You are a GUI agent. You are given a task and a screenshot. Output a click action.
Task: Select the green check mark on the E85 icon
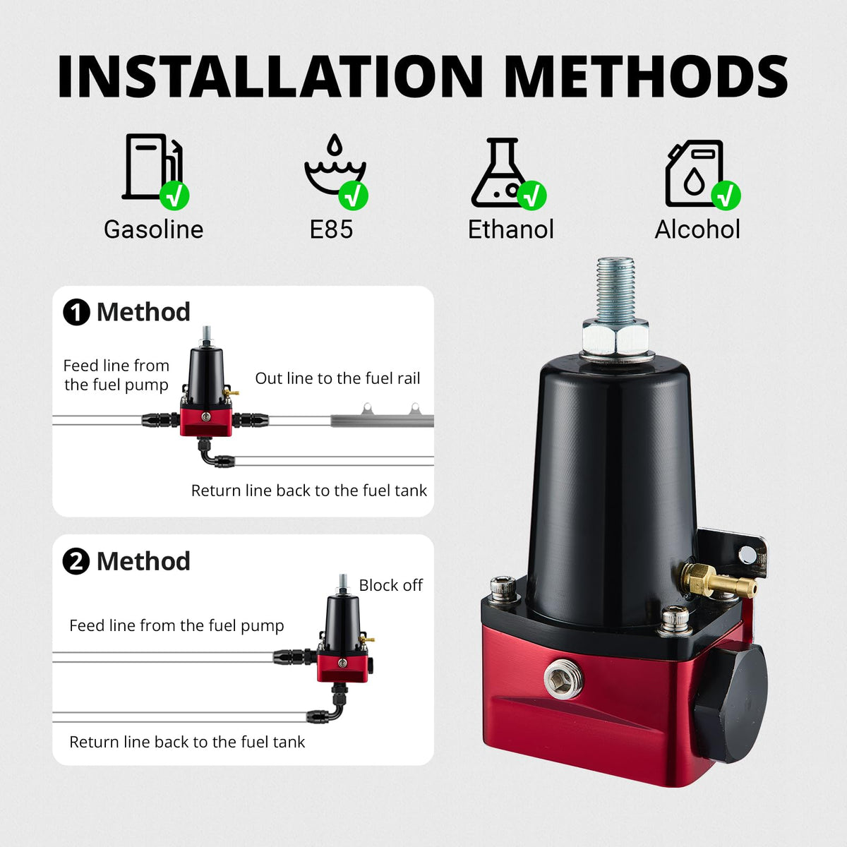(353, 195)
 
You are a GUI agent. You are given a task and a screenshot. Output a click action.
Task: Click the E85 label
(331, 229)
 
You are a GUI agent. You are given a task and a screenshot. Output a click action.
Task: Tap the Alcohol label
(697, 229)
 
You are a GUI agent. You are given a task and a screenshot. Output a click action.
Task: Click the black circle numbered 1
(76, 312)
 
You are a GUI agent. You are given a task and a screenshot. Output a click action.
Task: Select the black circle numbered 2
(76, 561)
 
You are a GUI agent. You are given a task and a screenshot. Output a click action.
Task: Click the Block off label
(391, 585)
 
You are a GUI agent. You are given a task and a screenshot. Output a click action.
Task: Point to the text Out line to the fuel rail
(337, 378)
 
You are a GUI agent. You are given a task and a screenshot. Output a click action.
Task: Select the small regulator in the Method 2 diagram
(345, 630)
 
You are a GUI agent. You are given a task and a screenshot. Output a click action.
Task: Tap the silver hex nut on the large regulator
(615, 338)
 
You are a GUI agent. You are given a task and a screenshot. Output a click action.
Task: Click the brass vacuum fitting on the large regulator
(717, 580)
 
